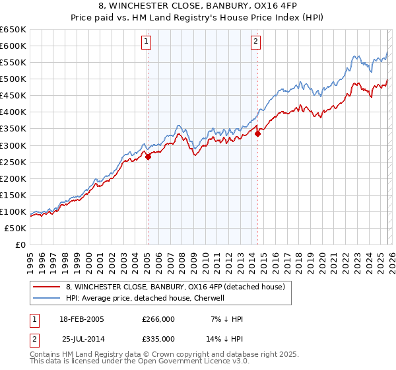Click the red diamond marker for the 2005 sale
point(148,157)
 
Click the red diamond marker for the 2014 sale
point(258,133)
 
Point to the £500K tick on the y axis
point(13,79)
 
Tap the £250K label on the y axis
point(13,162)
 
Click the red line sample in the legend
point(47,287)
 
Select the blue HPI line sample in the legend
point(47,298)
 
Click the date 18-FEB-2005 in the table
point(81,319)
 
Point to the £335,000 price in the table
point(158,338)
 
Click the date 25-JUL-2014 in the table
point(83,338)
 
